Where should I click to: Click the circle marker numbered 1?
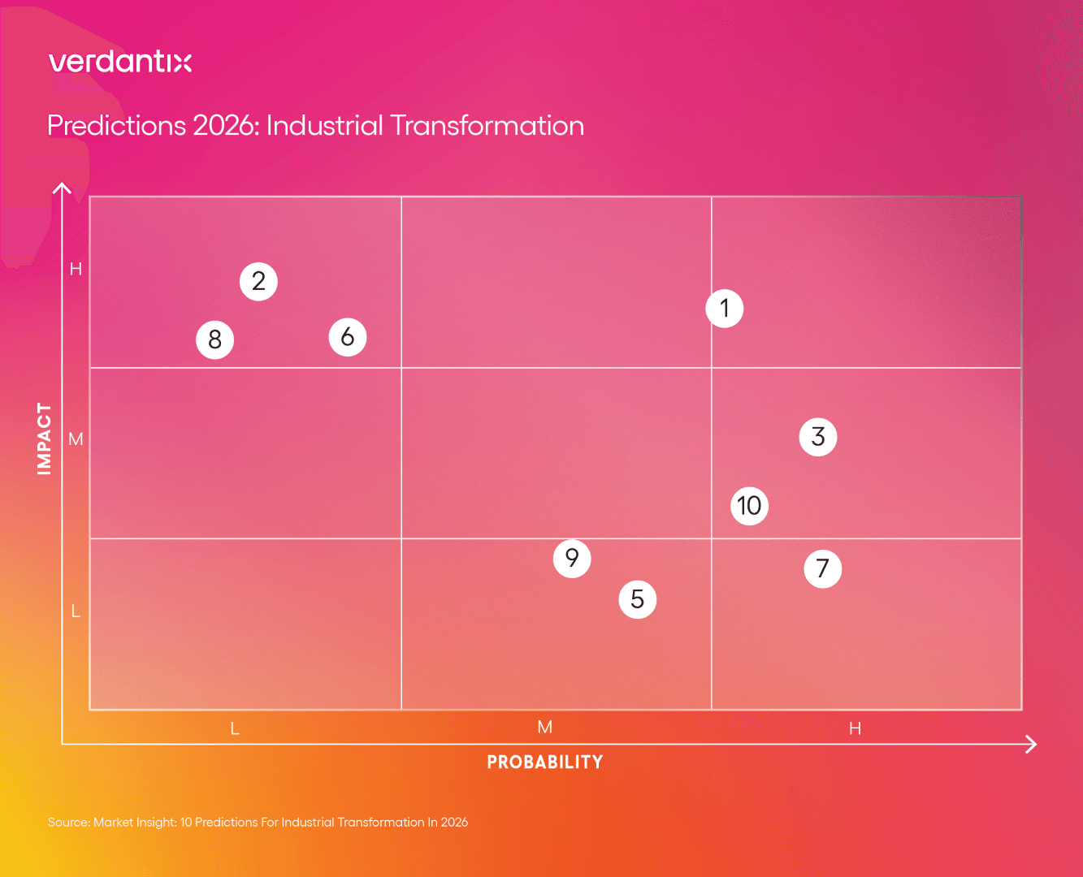tap(725, 309)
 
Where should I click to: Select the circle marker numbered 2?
tap(258, 282)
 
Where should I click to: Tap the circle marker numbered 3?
tap(818, 437)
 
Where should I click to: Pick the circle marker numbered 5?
tap(638, 599)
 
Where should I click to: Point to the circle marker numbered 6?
tap(348, 337)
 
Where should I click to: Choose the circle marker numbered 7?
tap(823, 568)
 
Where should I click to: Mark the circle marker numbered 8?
tap(215, 339)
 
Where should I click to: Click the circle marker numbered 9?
tap(572, 558)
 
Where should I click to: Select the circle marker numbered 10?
tap(749, 506)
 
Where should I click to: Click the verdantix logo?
tap(120, 62)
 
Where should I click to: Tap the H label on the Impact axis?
tap(76, 269)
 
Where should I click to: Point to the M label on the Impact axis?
tap(76, 439)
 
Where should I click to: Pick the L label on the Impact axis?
tap(76, 611)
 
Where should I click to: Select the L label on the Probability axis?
tap(235, 728)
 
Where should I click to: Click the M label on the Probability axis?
tap(545, 728)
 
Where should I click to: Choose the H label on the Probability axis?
tap(855, 728)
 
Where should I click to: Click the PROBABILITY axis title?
tap(545, 763)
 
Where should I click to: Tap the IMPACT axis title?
tap(45, 438)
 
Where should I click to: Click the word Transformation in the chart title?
tap(487, 126)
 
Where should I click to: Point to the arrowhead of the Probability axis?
tap(1033, 744)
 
